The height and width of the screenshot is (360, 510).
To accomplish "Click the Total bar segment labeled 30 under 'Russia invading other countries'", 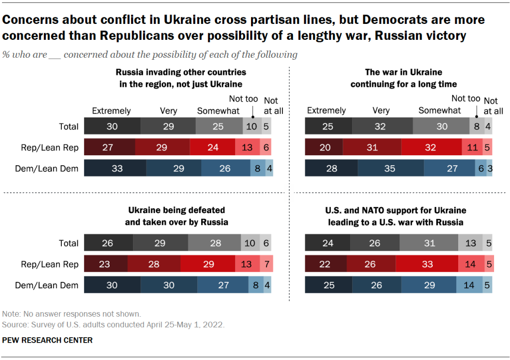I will click(x=112, y=126).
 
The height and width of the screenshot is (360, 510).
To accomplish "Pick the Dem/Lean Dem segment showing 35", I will click(x=389, y=168).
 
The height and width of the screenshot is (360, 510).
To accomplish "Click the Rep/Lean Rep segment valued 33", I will click(x=427, y=264).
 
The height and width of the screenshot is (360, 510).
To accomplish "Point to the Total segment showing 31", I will click(x=428, y=243).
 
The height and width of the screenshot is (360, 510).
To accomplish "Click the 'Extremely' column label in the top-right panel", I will click(x=326, y=111).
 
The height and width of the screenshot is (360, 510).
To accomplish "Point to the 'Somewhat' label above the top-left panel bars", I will click(x=218, y=111).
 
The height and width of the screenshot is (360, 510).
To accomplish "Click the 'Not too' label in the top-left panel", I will click(x=243, y=99).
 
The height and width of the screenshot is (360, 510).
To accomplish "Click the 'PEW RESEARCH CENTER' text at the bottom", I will click(x=47, y=340).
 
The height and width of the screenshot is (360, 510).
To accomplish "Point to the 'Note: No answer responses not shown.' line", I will click(x=72, y=314).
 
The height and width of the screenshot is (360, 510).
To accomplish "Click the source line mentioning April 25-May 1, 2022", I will click(x=114, y=324).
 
